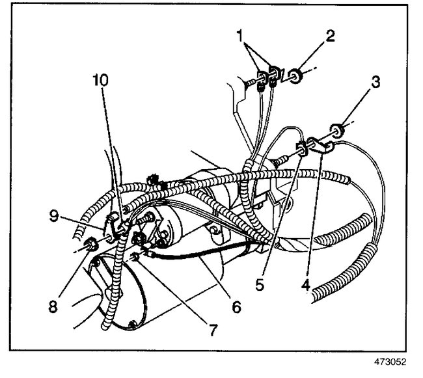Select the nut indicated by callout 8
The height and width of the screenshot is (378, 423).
90,245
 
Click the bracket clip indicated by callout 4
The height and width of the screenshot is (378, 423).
320,146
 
